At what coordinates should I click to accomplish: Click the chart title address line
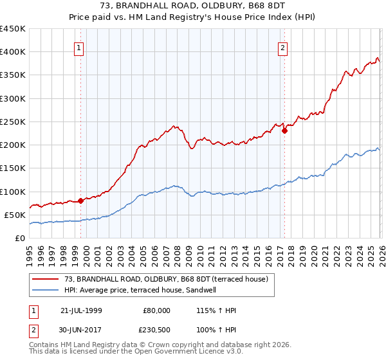(192, 7)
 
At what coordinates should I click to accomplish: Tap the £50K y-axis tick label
(15, 215)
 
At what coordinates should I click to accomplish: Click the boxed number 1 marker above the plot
(78, 47)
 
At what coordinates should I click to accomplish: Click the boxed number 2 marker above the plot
(282, 47)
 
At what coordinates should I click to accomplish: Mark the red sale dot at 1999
(81, 201)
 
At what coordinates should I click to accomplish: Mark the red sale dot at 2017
(284, 130)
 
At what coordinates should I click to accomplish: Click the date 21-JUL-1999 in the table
(81, 310)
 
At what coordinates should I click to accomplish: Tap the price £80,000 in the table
(156, 310)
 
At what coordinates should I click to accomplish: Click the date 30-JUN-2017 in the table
(81, 330)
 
